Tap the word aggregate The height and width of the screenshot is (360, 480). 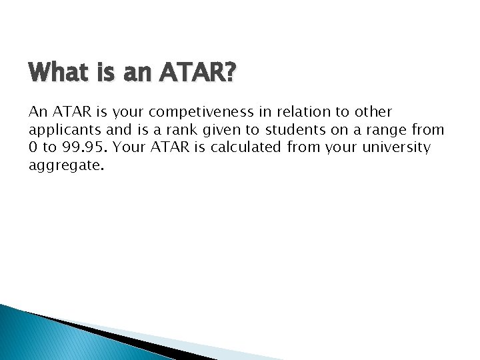pos(65,165)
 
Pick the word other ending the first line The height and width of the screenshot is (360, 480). pos(373,111)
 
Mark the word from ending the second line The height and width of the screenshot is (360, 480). pos(429,129)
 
